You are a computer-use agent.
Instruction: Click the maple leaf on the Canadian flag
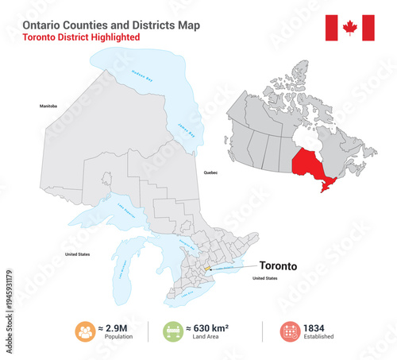pos(349,29)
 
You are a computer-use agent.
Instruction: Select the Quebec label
pos(210,172)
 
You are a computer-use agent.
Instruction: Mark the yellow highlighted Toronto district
pos(208,269)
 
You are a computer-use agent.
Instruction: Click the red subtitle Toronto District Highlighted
pos(81,37)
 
